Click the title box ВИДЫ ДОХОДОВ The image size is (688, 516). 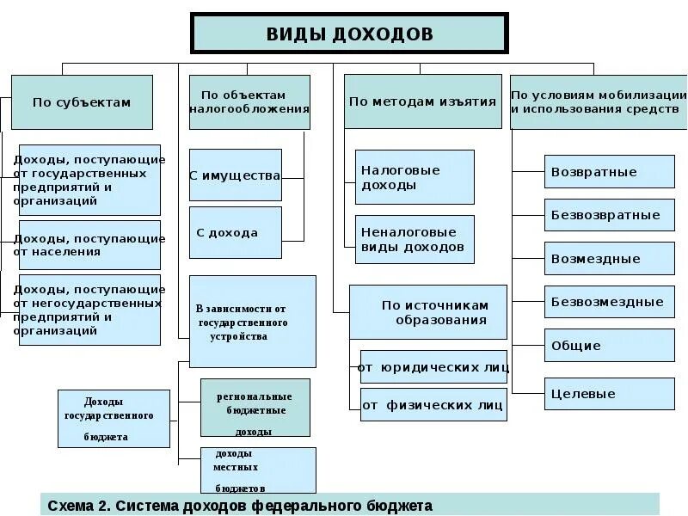point(349,34)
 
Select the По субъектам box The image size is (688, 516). point(82,101)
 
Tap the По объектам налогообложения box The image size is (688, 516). point(249,101)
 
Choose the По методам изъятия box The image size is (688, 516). point(422,101)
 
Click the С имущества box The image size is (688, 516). point(235,175)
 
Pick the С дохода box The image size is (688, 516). point(235,232)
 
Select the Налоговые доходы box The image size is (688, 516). point(415,177)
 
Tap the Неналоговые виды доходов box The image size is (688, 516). point(415,239)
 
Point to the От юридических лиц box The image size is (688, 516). point(433,367)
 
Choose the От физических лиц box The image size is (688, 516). point(433,404)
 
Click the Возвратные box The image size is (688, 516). point(609,171)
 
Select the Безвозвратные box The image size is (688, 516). point(609,215)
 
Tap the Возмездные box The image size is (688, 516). point(609,258)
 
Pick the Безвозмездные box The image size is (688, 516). point(609,302)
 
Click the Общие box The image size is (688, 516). point(609,346)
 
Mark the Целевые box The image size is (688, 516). point(609,394)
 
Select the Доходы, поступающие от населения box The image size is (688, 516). point(89,245)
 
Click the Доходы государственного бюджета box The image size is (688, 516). point(114,419)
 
